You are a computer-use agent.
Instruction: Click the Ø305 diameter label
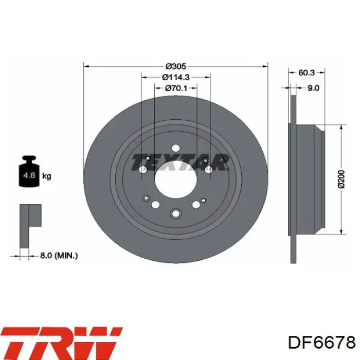point(176,66)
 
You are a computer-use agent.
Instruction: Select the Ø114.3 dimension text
point(176,77)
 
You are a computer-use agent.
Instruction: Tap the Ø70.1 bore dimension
point(176,88)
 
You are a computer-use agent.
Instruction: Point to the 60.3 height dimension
point(307,73)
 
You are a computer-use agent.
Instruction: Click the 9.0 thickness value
point(313,88)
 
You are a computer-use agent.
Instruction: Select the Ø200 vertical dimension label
point(341,179)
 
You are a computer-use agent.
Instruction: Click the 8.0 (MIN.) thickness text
point(59,255)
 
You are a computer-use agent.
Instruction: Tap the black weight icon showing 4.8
point(29,171)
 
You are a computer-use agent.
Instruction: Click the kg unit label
point(47,176)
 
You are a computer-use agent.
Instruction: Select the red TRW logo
point(62,343)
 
